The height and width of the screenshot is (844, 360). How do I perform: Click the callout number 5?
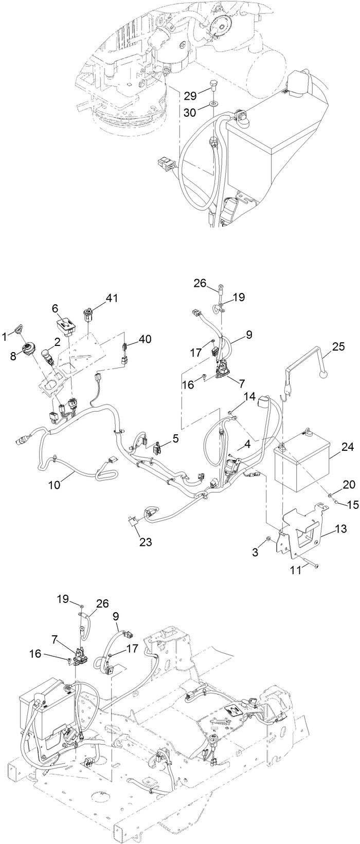click(176, 438)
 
